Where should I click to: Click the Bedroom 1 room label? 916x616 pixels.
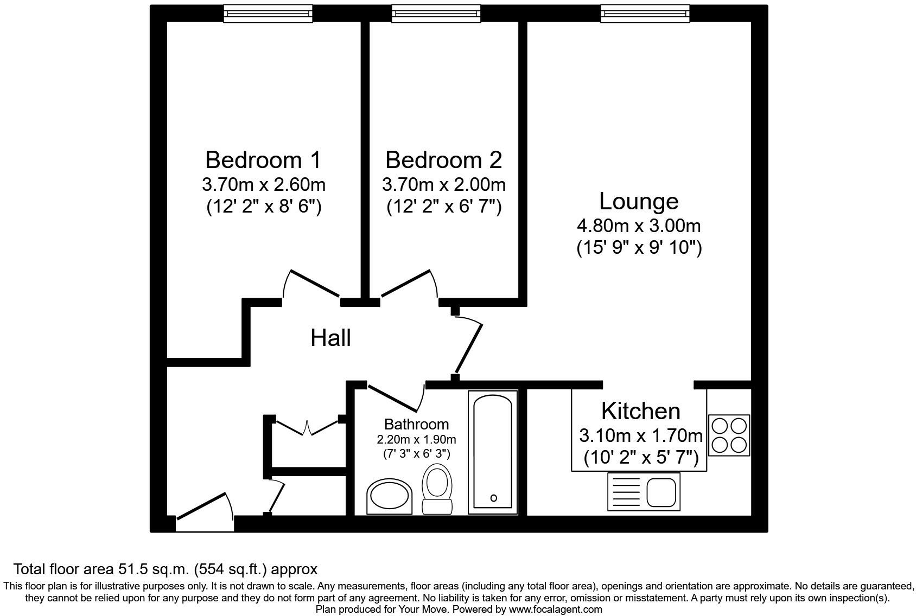pyautogui.click(x=263, y=161)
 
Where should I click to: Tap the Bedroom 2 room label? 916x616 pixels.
pyautogui.click(x=443, y=161)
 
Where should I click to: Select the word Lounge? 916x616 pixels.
pyautogui.click(x=639, y=202)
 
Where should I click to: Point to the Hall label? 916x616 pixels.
pyautogui.click(x=330, y=338)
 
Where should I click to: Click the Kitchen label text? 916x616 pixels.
pyautogui.click(x=640, y=412)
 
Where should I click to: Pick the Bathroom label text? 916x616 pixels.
pyautogui.click(x=416, y=425)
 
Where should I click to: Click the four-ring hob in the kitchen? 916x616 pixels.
pyautogui.click(x=729, y=435)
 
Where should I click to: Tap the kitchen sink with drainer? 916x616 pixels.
pyautogui.click(x=644, y=491)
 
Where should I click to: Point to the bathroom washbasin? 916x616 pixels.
pyautogui.click(x=389, y=495)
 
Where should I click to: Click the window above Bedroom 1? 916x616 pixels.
pyautogui.click(x=269, y=14)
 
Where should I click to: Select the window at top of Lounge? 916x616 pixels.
pyautogui.click(x=645, y=14)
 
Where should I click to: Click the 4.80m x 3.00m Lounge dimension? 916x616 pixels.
pyautogui.click(x=639, y=226)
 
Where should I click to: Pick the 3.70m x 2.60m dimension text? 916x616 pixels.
pyautogui.click(x=263, y=185)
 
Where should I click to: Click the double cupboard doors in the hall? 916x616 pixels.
pyautogui.click(x=307, y=426)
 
